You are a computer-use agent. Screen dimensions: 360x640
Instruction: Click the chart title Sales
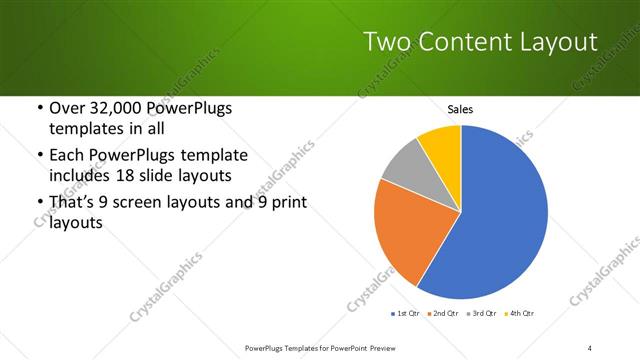[460, 110]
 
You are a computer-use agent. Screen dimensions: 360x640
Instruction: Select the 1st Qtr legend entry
[406, 314]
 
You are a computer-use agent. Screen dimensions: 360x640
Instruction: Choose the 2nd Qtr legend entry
[444, 314]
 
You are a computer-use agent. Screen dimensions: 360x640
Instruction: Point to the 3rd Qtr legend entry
[482, 314]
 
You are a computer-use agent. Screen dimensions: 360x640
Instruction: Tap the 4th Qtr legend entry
[519, 314]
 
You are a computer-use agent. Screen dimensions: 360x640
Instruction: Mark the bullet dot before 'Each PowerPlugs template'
[39, 155]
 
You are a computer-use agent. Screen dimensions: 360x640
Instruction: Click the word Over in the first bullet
[67, 108]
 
